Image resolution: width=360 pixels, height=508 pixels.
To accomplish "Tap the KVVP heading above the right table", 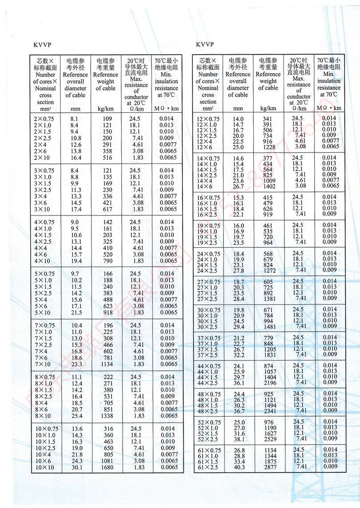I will pyautogui.click(x=204, y=44).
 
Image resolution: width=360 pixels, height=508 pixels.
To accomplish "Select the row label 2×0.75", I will pyautogui.click(x=44, y=119).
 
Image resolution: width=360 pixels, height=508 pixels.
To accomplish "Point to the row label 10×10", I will pyautogui.click(x=44, y=468).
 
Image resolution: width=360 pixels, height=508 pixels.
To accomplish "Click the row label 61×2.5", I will pyautogui.click(x=208, y=467).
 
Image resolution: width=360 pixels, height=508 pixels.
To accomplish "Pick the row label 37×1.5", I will pyautogui.click(x=208, y=349).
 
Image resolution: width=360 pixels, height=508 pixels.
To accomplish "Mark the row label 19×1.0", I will pyautogui.click(x=208, y=231).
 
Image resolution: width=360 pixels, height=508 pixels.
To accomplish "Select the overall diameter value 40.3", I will pyautogui.click(x=239, y=467).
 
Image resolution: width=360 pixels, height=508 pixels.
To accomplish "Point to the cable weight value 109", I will pyautogui.click(x=107, y=119).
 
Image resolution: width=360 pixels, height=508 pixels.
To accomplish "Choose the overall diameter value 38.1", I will pyautogui.click(x=239, y=439).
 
